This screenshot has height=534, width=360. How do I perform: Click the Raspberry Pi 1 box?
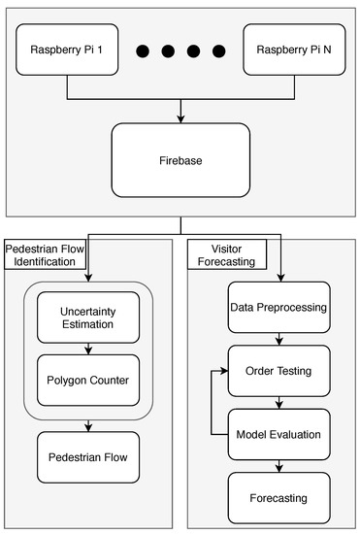tap(67, 50)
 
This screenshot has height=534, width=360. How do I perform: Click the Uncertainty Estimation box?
tap(88, 317)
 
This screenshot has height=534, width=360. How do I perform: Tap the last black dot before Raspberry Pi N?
tap(218, 50)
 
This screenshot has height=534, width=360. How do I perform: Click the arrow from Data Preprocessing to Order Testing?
tap(278, 338)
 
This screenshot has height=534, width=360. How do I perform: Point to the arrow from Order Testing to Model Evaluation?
tap(278, 401)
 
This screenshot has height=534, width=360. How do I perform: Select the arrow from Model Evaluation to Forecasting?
tap(278, 465)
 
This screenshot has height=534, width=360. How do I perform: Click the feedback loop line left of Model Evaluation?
tap(212, 403)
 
